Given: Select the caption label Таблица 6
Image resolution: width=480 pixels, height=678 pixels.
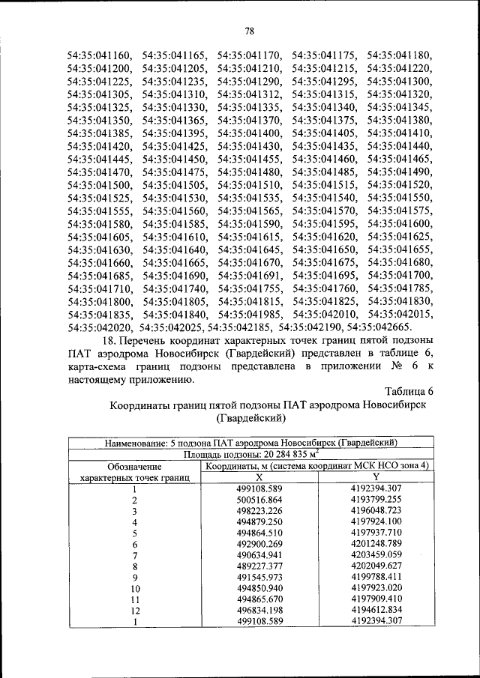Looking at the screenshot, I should (409, 392).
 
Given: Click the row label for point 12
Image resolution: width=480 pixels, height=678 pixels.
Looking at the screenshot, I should (136, 610).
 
